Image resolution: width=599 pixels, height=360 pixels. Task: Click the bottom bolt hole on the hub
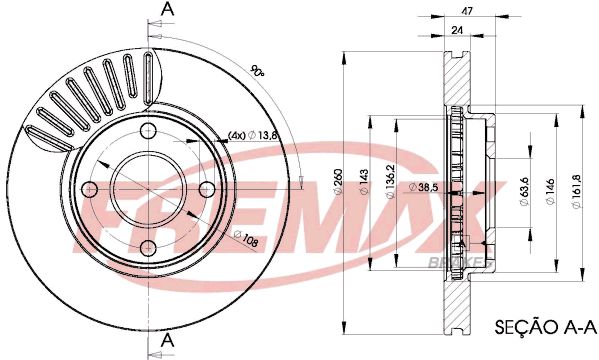(149, 246)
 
